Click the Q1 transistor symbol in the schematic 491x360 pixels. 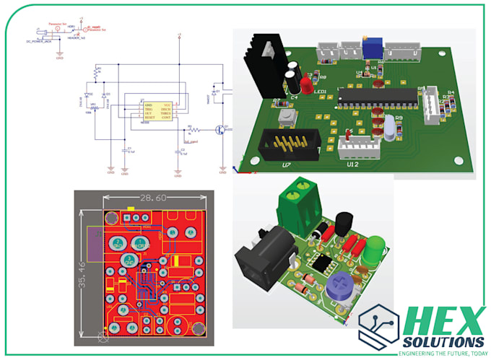point(221,131)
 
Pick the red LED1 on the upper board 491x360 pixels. point(306,84)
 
